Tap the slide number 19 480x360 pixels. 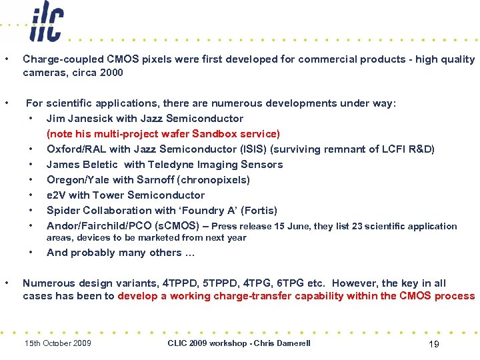click(433, 344)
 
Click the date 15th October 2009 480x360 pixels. click(57, 343)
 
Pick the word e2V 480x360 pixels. click(56, 195)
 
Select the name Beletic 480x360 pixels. click(102, 165)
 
